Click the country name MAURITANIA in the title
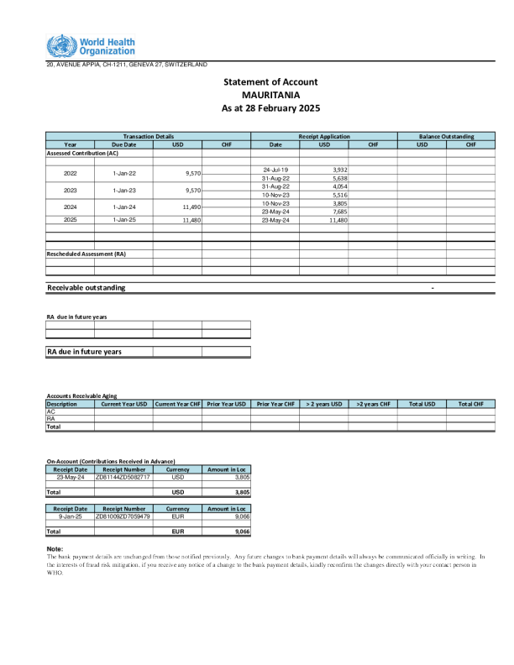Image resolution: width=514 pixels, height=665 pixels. [x=270, y=95]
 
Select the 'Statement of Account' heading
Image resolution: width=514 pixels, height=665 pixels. [x=270, y=81]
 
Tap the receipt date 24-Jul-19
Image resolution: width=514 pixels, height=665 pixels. [x=275, y=170]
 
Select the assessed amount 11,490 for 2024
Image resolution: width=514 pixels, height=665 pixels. [x=190, y=207]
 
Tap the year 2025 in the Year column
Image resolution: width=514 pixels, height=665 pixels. [x=71, y=220]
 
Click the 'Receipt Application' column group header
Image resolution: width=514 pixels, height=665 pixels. [x=323, y=136]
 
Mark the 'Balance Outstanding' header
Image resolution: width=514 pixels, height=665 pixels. [x=446, y=136]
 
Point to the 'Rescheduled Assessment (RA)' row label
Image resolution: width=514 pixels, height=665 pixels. [x=86, y=254]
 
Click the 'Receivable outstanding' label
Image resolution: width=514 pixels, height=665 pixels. [x=87, y=288]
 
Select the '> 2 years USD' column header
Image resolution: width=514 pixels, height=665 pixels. [x=323, y=404]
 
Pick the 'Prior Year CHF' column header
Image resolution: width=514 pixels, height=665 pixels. [x=275, y=404]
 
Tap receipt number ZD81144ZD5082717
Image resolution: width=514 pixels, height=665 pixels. [x=123, y=476]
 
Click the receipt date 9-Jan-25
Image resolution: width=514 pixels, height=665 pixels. [x=70, y=516]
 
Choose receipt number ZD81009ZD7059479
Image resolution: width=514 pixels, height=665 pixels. [x=123, y=516]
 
